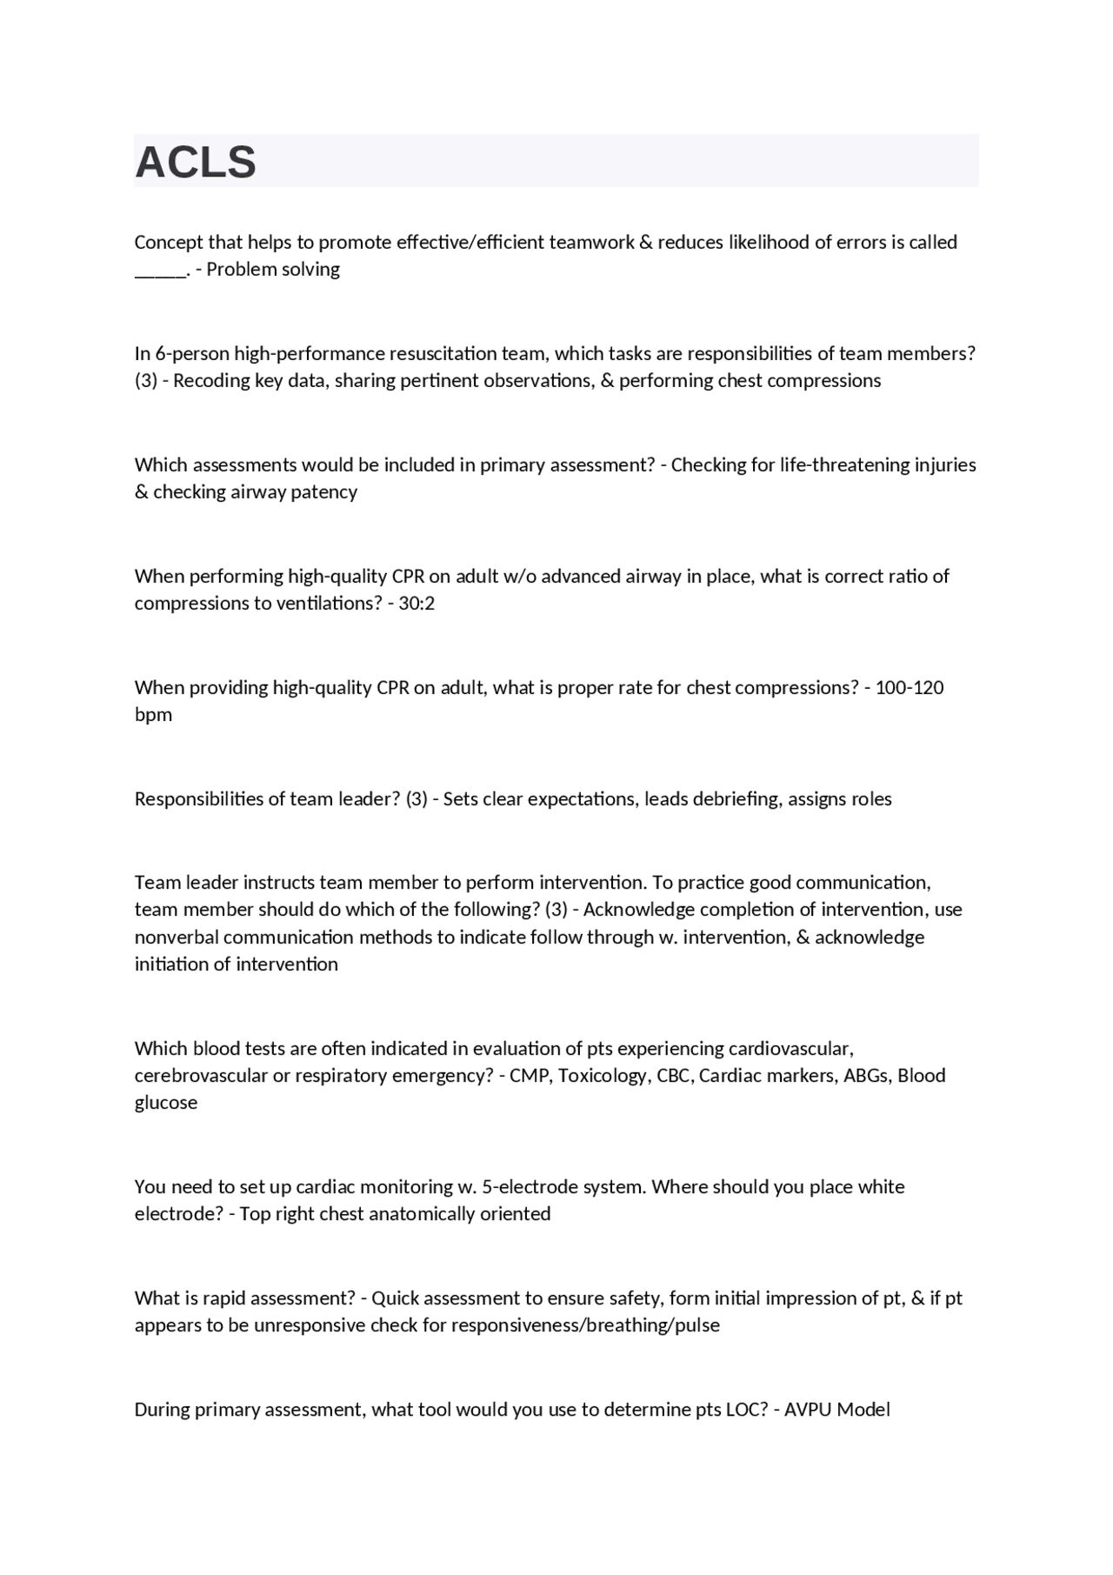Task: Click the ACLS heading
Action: pos(196,163)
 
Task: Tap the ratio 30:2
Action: pos(417,604)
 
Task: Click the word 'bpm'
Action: pos(153,715)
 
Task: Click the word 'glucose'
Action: pos(166,1103)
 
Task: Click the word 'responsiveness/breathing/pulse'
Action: pos(585,1325)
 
